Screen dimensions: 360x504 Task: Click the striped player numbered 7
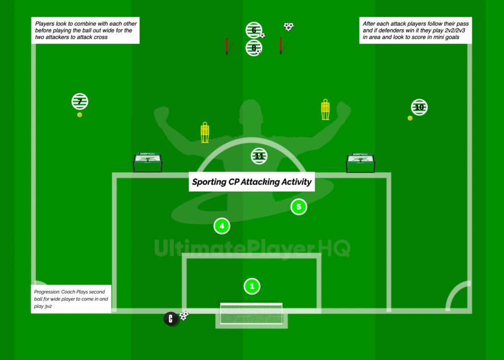pyautogui.click(x=80, y=101)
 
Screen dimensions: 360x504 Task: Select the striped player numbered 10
pyautogui.click(x=419, y=107)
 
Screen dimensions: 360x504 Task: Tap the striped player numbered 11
pyautogui.click(x=259, y=156)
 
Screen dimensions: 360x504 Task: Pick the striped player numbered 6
pyautogui.click(x=253, y=30)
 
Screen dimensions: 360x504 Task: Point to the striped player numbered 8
pyautogui.click(x=253, y=48)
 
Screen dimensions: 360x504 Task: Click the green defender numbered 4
pyautogui.click(x=222, y=226)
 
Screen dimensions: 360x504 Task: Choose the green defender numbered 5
pyautogui.click(x=298, y=207)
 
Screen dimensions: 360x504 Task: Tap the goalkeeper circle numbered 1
pyautogui.click(x=252, y=286)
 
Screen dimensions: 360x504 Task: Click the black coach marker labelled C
pyautogui.click(x=171, y=319)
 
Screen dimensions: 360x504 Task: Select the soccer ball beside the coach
pyautogui.click(x=184, y=316)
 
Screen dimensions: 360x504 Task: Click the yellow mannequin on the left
pyautogui.click(x=205, y=133)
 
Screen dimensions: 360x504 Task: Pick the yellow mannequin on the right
pyautogui.click(x=325, y=109)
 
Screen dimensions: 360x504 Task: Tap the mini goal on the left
pyautogui.click(x=148, y=163)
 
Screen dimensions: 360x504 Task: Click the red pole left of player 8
pyautogui.click(x=226, y=45)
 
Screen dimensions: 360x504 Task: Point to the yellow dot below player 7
pyautogui.click(x=80, y=115)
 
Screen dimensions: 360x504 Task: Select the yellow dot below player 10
pyautogui.click(x=410, y=118)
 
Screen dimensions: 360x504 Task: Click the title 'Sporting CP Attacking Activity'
pyautogui.click(x=252, y=182)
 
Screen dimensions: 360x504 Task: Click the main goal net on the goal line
pyautogui.click(x=251, y=314)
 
